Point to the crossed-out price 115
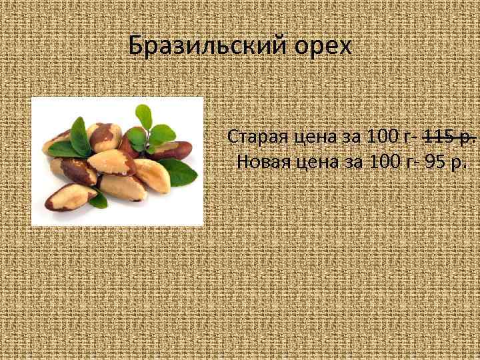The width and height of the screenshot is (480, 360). point(436,137)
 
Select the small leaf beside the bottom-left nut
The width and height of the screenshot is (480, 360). point(100,197)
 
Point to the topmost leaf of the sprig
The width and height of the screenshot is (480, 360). point(143,115)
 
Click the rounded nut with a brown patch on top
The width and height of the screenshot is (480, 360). point(103,137)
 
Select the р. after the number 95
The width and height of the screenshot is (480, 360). point(459,162)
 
